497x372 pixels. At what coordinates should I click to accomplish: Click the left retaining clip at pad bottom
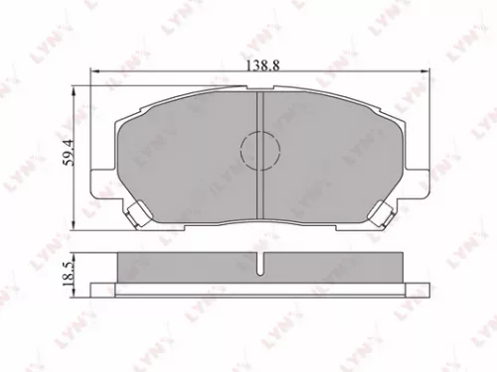coord(134,211)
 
